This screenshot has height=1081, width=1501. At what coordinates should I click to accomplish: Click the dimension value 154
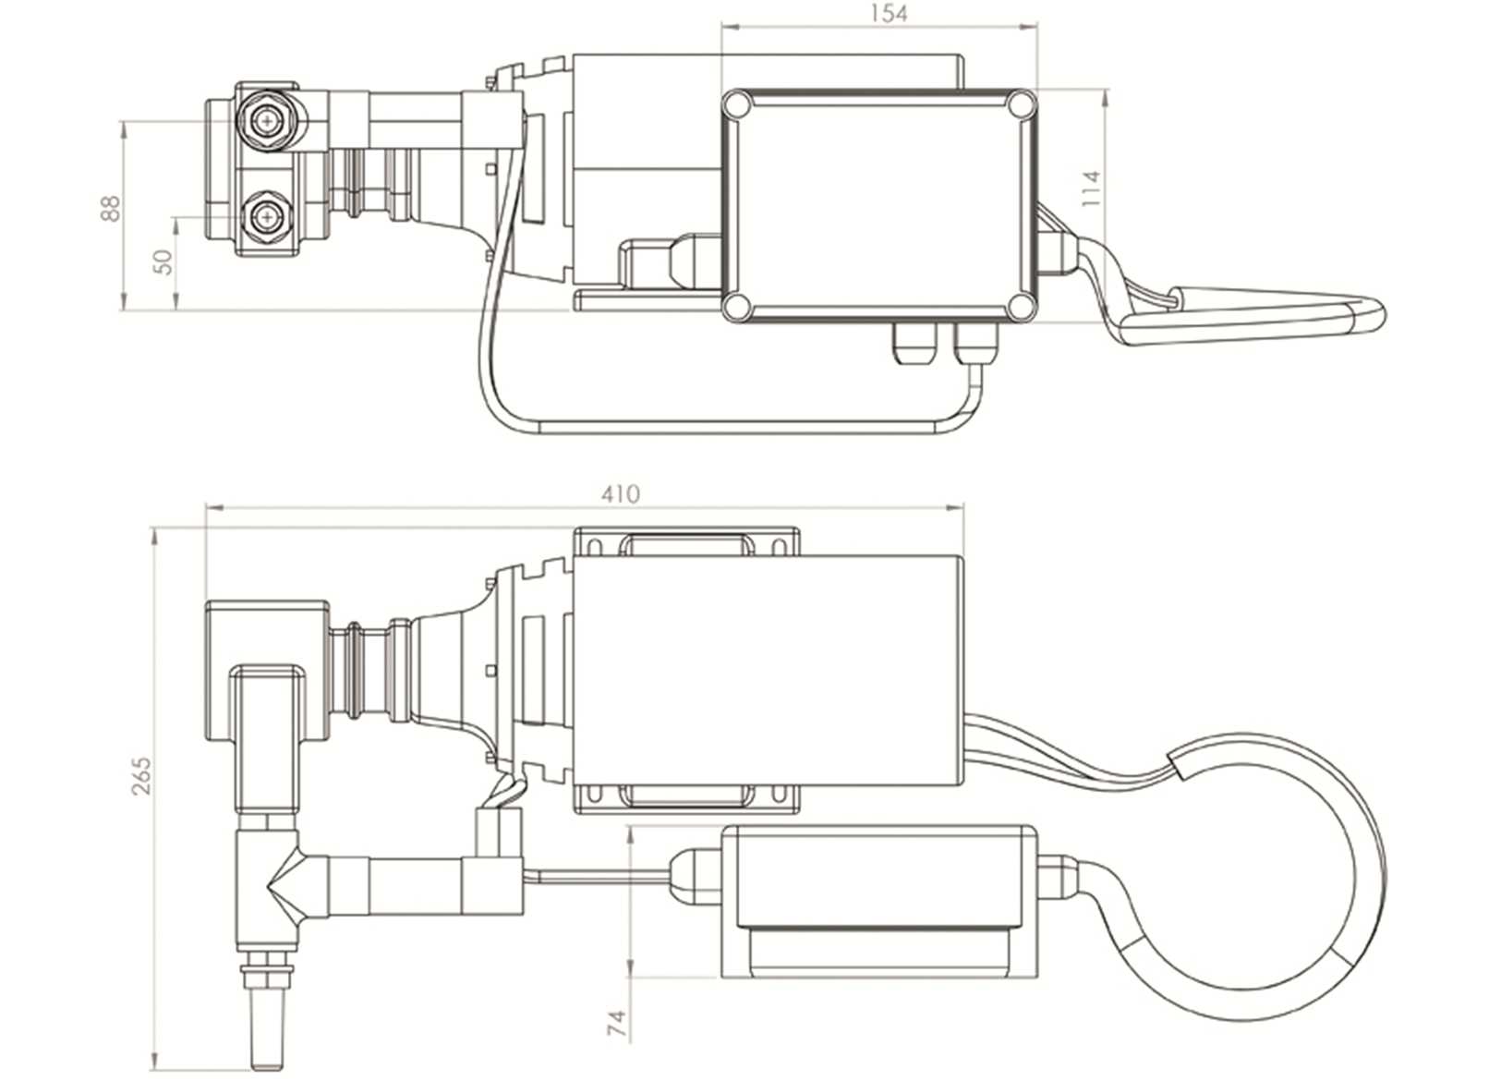(888, 13)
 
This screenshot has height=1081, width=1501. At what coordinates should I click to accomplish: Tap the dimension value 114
(1092, 188)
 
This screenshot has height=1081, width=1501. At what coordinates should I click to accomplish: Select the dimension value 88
(110, 208)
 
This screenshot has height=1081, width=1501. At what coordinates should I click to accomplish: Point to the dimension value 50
(163, 261)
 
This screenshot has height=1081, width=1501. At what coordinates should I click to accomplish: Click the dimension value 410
(620, 494)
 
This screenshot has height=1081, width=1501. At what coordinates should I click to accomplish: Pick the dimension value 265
(140, 776)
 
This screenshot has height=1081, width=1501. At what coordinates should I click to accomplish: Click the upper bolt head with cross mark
(268, 120)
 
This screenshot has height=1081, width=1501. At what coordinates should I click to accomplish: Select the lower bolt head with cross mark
(268, 217)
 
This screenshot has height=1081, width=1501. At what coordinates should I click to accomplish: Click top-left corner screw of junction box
(736, 104)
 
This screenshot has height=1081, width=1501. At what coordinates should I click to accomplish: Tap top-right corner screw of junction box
(1020, 104)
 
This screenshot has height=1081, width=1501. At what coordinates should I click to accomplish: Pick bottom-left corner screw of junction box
(736, 306)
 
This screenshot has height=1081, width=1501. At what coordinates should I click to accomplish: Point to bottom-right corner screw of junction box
(1020, 306)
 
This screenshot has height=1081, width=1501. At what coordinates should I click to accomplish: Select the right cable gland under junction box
(976, 343)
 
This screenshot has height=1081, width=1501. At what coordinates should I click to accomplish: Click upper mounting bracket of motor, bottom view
(685, 542)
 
